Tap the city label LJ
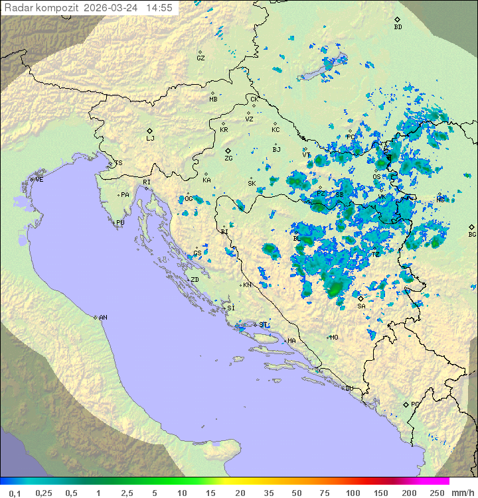[150, 139]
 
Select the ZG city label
[228, 158]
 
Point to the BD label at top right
[398, 27]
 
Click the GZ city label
[200, 58]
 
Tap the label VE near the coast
[39, 180]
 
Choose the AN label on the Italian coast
[103, 318]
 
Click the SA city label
[361, 306]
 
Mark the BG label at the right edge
[472, 234]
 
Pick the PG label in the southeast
[415, 404]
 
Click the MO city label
[334, 337]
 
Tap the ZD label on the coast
[195, 280]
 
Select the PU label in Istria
[120, 223]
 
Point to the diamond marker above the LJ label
[150, 131]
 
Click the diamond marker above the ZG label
[228, 151]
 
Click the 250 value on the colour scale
[437, 493]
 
